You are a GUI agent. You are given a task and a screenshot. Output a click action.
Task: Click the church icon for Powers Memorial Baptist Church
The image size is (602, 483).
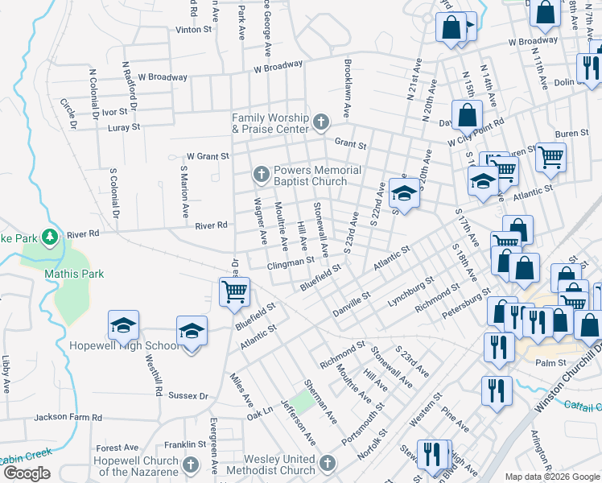[x=261, y=174]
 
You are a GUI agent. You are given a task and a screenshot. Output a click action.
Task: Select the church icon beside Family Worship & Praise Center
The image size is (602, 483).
[x=320, y=122]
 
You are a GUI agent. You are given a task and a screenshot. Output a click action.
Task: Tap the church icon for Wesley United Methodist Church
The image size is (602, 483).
[x=327, y=463]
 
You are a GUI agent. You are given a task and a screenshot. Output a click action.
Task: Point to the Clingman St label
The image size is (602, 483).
[x=291, y=262]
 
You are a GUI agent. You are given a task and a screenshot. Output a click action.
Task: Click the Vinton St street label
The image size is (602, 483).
[x=193, y=29]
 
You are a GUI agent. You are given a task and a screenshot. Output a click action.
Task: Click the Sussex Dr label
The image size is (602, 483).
[x=188, y=395]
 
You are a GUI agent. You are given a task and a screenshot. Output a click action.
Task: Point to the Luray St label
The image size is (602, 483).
[x=123, y=127]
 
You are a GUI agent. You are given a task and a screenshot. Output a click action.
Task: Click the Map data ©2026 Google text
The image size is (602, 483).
[x=552, y=476]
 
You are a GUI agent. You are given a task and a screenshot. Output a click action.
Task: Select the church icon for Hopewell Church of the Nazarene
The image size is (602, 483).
[x=190, y=465]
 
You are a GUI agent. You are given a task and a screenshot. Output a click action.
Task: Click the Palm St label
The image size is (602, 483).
[x=551, y=363]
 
